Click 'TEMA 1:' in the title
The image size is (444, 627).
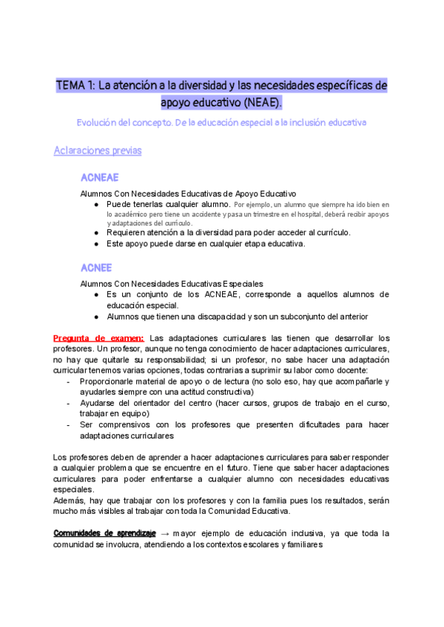pos(76,86)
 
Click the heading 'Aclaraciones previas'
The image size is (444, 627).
pos(98,151)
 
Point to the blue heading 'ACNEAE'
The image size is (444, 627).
pos(99,178)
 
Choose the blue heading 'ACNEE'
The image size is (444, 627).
pos(96,268)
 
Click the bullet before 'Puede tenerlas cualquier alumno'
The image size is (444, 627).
pos(98,204)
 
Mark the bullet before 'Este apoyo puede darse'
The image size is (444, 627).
pos(98,243)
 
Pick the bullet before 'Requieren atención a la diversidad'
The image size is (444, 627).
pos(98,232)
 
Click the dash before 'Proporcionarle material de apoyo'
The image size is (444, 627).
pos(69,381)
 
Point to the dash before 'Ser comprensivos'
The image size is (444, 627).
pos(69,424)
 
